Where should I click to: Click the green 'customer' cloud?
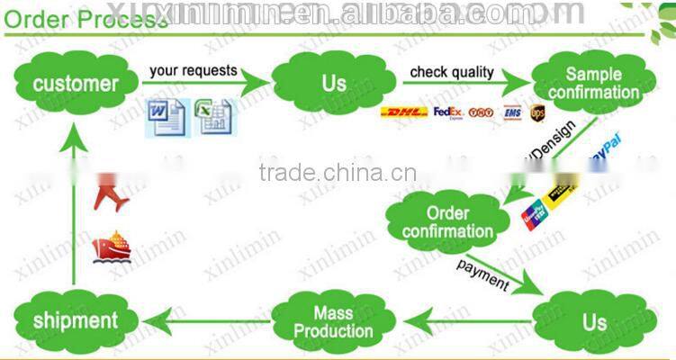pyautogui.click(x=76, y=84)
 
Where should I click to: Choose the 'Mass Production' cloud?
pyautogui.click(x=332, y=321)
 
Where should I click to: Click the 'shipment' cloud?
pyautogui.click(x=76, y=320)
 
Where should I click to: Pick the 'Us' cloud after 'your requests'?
pyautogui.click(x=333, y=84)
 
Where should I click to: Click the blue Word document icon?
pyautogui.click(x=166, y=118)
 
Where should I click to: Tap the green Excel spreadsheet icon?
pyautogui.click(x=214, y=118)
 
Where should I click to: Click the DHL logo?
pyautogui.click(x=403, y=112)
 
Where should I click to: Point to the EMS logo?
pyautogui.click(x=513, y=112)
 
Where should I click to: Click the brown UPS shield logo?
pyautogui.click(x=537, y=112)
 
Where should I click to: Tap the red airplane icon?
pyautogui.click(x=112, y=196)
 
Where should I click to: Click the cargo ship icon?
pyautogui.click(x=111, y=247)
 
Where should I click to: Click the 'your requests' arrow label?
pyautogui.click(x=194, y=70)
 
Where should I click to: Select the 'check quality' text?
pyautogui.click(x=452, y=71)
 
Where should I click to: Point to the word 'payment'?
pyautogui.click(x=482, y=274)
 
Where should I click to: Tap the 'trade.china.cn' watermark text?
pyautogui.click(x=337, y=173)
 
